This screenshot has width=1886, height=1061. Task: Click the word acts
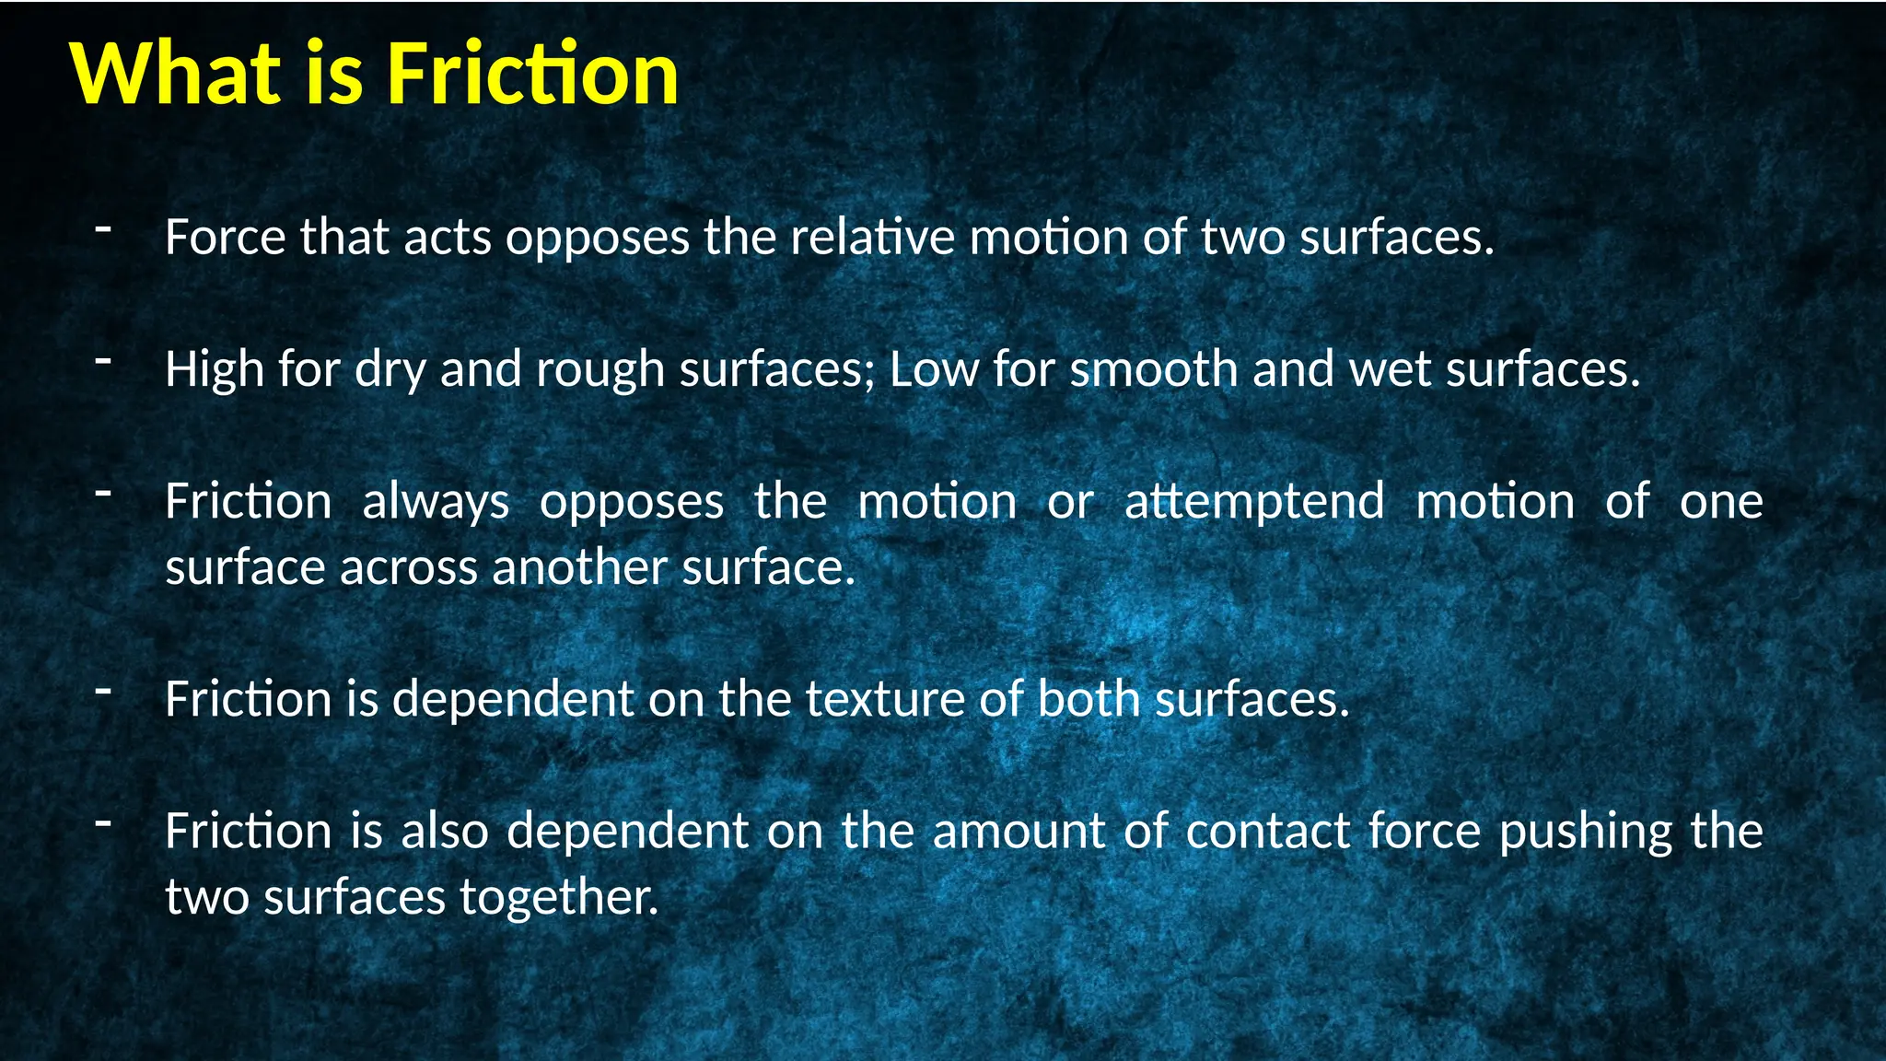(448, 238)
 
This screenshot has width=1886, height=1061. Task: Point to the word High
(214, 369)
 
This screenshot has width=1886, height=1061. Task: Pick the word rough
(600, 369)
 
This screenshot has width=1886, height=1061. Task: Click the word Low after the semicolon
(934, 369)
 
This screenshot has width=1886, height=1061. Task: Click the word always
(436, 502)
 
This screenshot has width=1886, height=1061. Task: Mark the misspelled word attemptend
(1254, 502)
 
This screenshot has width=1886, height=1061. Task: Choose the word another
(579, 567)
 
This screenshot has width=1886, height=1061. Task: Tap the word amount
(1018, 831)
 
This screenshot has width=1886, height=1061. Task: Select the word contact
(1267, 831)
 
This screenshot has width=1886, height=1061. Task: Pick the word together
(559, 898)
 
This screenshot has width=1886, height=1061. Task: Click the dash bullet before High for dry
(103, 360)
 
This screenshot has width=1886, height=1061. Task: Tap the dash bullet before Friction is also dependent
(103, 822)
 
